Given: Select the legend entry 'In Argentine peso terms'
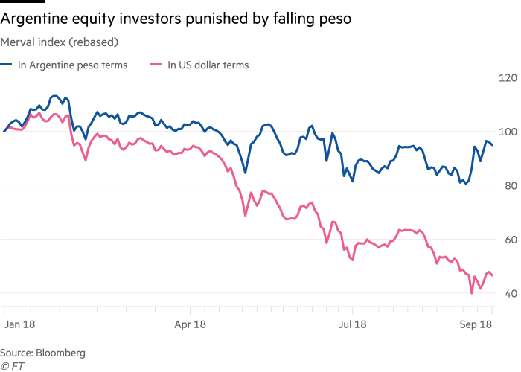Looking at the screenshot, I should [73, 65].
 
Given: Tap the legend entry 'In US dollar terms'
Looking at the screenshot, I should [208, 65].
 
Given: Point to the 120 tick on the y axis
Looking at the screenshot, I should [508, 78].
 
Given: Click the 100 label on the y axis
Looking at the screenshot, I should [508, 132].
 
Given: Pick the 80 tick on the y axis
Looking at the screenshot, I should [508, 186].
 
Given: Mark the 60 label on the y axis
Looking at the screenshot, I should [508, 240].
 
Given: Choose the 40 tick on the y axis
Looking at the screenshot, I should [508, 293].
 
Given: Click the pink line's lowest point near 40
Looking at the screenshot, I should [472, 293].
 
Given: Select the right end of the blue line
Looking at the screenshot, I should [493, 145].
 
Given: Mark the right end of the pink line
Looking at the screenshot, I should [493, 276].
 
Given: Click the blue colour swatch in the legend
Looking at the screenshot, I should [7, 65].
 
